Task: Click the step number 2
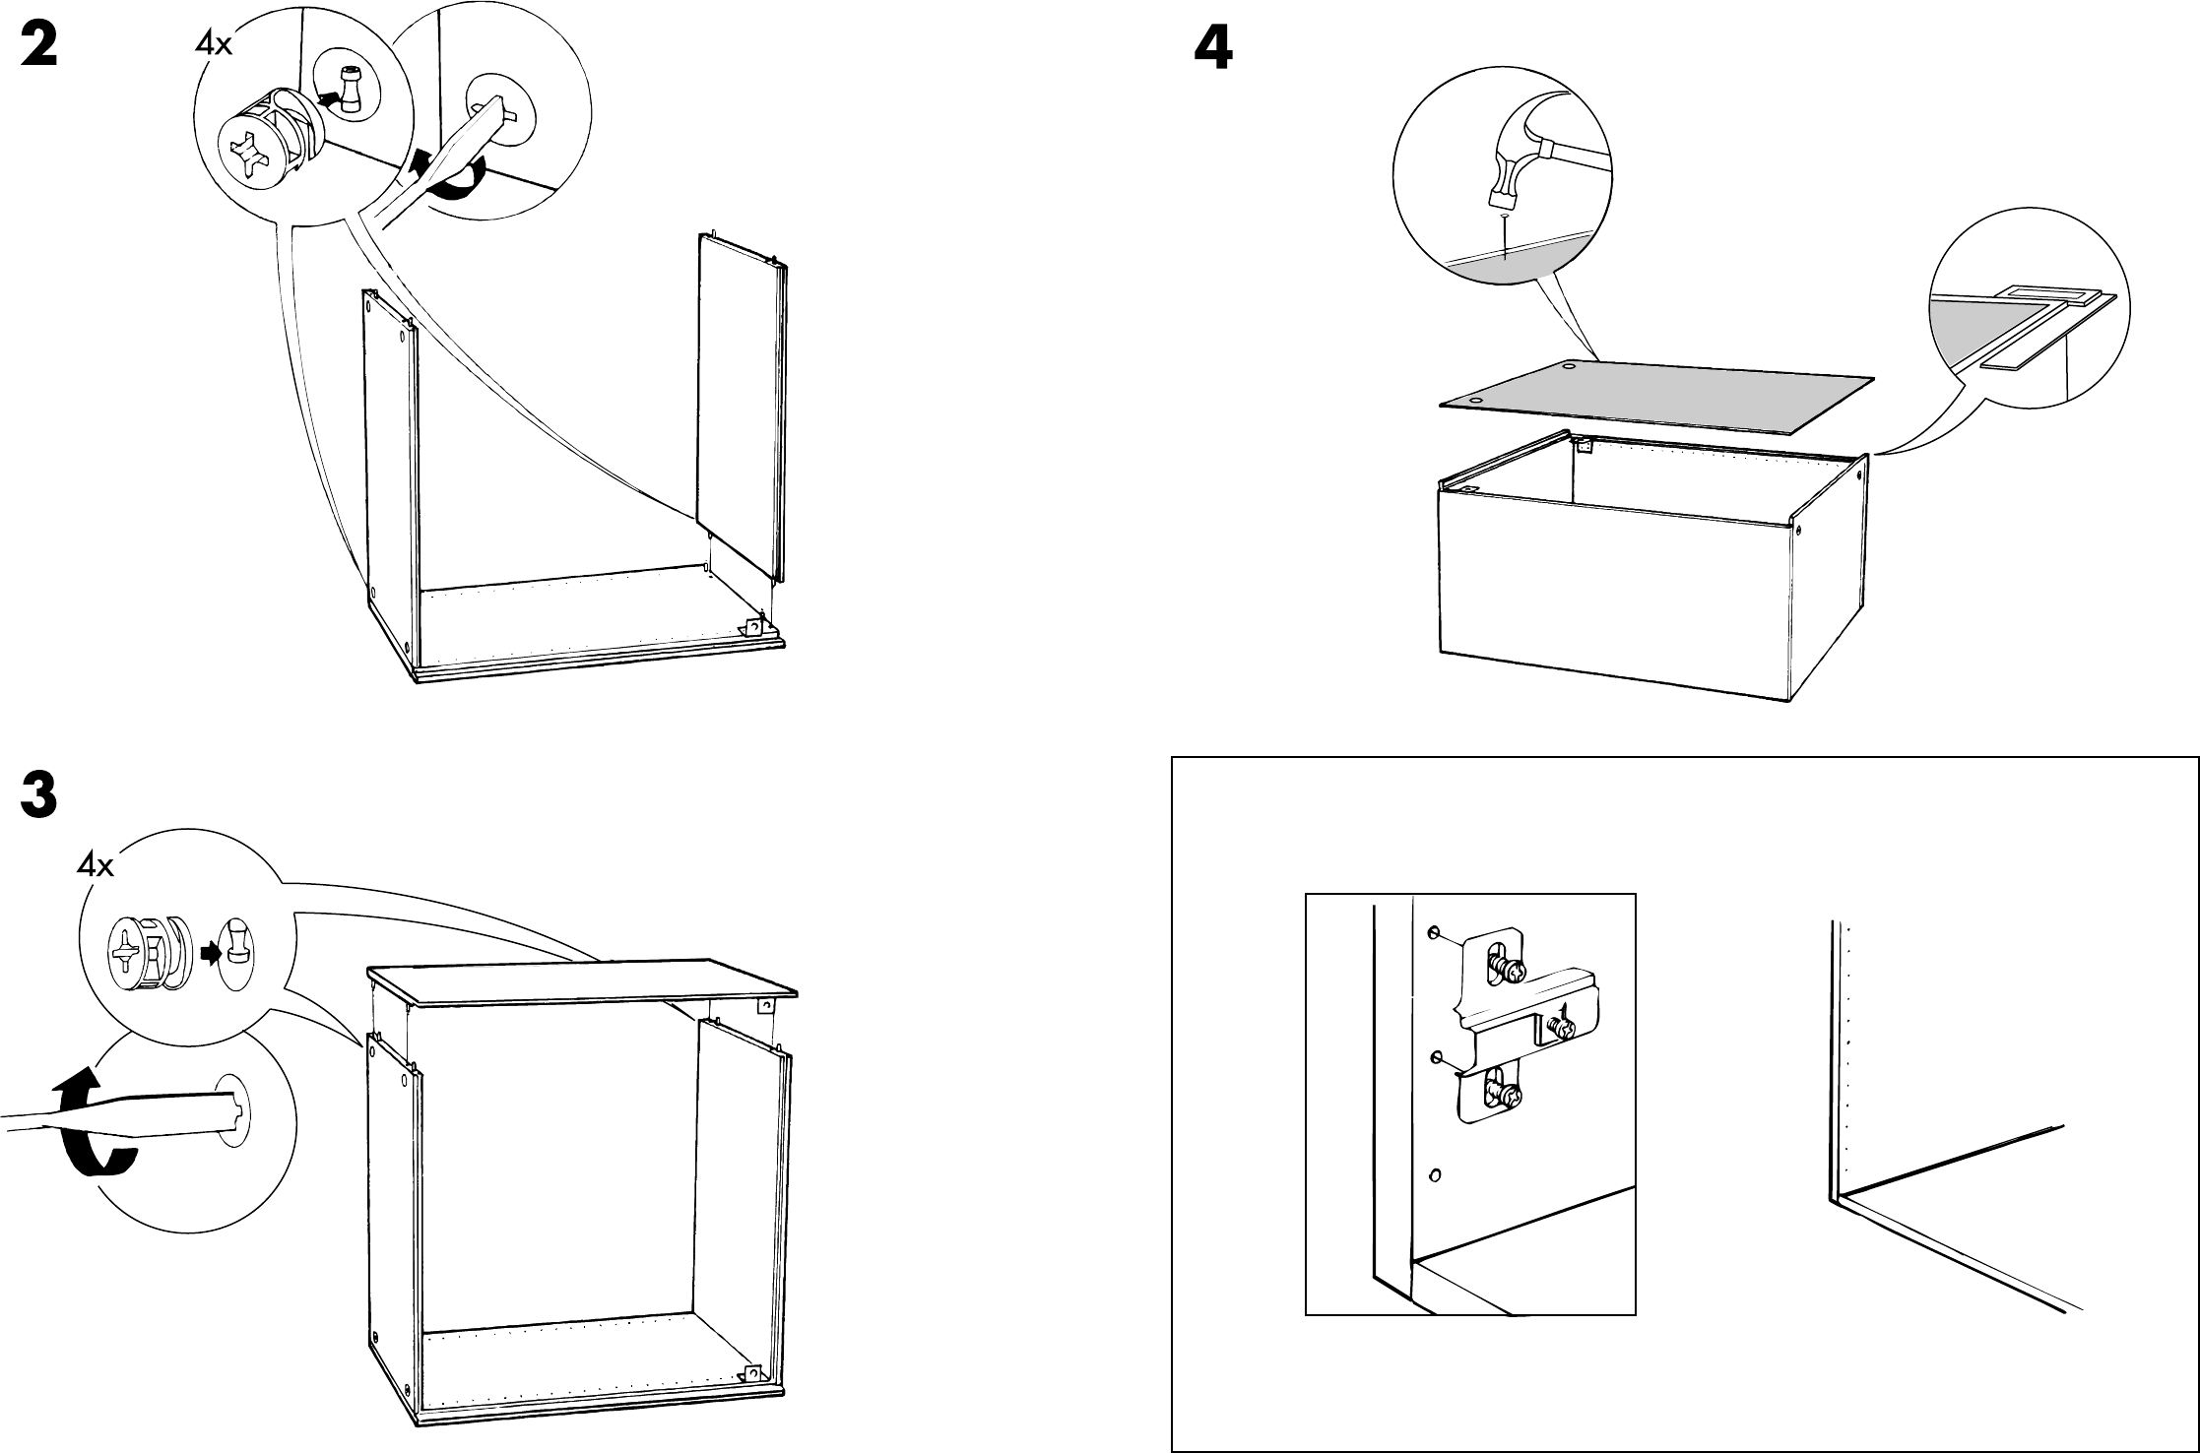tap(39, 46)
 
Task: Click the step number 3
tap(39, 796)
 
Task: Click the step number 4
tap(1212, 46)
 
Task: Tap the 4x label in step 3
tap(97, 865)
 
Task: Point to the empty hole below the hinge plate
tap(1434, 1174)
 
